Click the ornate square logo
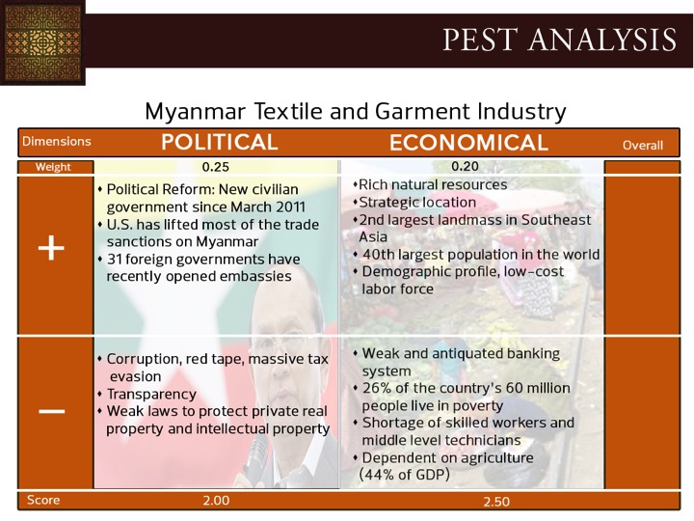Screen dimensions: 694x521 [42, 42]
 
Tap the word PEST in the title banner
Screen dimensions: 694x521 [480, 40]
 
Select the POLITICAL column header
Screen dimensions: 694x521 [220, 142]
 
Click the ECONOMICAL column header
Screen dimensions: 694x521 [468, 143]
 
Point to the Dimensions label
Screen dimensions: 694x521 [57, 141]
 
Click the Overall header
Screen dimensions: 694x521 [643, 146]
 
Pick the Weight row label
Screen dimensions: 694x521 [53, 167]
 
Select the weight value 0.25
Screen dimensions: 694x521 [216, 167]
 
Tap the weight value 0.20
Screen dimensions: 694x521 [466, 166]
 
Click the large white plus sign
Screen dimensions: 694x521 [51, 248]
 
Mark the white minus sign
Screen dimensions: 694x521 [52, 412]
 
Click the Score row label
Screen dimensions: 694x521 [43, 500]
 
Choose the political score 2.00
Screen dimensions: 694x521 [216, 500]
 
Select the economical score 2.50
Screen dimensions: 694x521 [496, 502]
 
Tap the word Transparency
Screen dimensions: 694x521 [151, 395]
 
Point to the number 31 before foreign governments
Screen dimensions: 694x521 [114, 260]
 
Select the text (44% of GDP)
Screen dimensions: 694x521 [404, 475]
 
